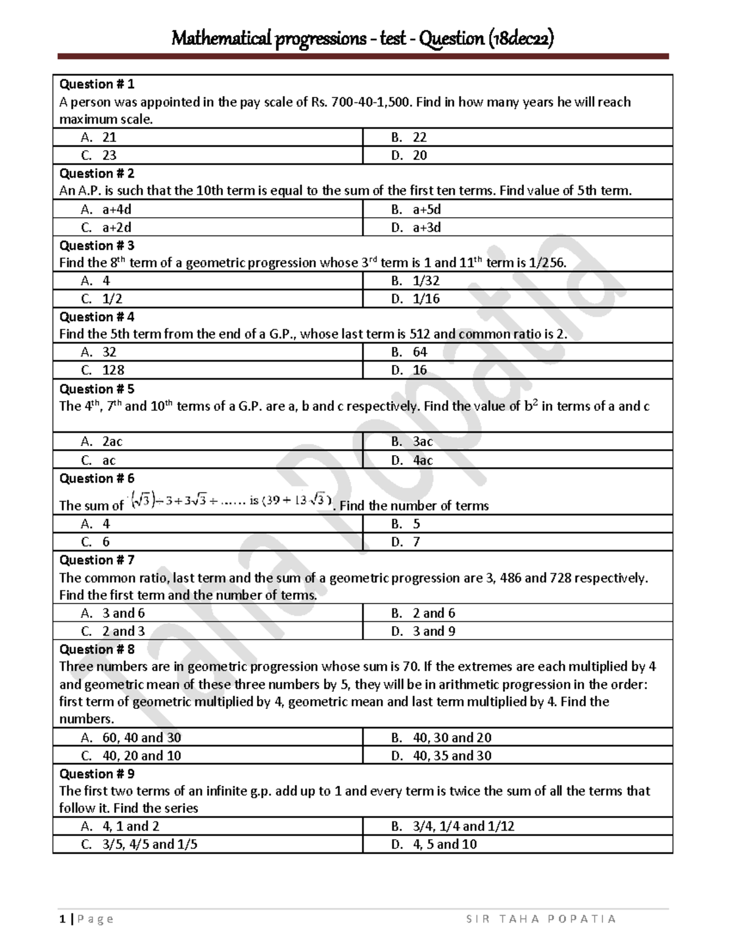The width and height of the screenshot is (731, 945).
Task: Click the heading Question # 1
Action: [x=96, y=84]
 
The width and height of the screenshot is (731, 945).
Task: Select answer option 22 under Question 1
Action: [x=419, y=138]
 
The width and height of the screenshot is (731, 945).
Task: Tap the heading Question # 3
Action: [x=96, y=245]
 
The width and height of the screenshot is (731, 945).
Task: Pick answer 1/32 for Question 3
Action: [x=426, y=281]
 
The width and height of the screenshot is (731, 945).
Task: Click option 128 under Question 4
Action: [x=113, y=370]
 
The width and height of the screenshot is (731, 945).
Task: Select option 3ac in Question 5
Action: [x=423, y=442]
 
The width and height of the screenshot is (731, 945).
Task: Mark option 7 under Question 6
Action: [x=416, y=542]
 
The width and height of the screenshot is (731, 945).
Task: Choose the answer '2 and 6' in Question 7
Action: [x=434, y=613]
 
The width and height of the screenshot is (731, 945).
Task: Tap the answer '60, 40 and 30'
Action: [x=141, y=738]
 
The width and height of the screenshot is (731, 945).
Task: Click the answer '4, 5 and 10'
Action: [x=445, y=845]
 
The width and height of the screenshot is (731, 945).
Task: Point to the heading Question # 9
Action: [x=96, y=773]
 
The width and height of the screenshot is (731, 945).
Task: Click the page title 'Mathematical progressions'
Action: [x=269, y=39]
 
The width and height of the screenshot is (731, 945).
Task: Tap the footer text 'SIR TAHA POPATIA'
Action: [x=541, y=919]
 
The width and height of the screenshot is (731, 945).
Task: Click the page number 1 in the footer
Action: [x=62, y=919]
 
